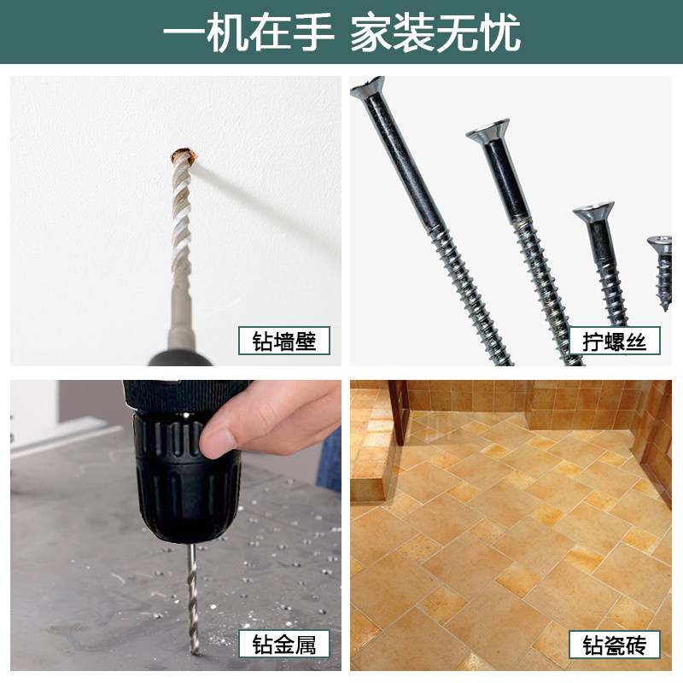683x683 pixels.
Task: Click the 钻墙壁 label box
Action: pos(284,340)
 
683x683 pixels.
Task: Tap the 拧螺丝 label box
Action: pos(614,340)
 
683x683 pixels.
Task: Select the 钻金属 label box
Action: pos(284,644)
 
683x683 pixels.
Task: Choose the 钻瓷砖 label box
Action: pos(614,644)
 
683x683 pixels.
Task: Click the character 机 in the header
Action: pos(226,32)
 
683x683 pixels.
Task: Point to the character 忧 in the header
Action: pos(499,32)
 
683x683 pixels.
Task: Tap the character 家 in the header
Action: pos(371,32)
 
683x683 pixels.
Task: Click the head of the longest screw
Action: pos(368,86)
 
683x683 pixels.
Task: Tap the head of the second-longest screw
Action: pos(488,130)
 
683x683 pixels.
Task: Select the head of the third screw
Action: pos(593,211)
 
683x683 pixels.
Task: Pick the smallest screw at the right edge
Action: pos(663,271)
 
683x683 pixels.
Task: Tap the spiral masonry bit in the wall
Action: pos(182,218)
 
